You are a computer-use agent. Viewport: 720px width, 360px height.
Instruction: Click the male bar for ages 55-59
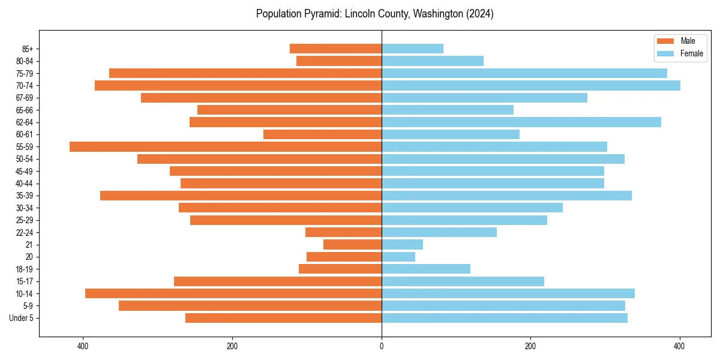(226, 146)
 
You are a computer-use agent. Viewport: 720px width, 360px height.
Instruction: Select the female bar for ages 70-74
(531, 85)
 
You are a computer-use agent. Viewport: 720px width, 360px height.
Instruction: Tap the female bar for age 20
(398, 257)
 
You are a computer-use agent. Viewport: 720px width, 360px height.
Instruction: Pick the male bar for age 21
(352, 244)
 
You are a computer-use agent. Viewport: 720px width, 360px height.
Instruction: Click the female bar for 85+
(412, 49)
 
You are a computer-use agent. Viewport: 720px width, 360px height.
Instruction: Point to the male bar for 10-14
(233, 293)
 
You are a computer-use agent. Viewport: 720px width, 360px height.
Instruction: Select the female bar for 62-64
(521, 122)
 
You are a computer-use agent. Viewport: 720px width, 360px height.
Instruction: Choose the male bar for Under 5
(283, 318)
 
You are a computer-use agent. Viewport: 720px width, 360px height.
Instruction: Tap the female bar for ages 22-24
(439, 232)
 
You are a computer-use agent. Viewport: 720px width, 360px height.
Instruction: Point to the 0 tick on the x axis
(382, 346)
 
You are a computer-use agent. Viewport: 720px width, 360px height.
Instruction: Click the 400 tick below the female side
(679, 346)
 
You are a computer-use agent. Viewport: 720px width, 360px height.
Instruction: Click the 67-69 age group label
(25, 98)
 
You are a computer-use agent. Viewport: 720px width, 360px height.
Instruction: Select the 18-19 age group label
(25, 269)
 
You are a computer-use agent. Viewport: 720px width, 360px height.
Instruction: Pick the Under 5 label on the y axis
(22, 318)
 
